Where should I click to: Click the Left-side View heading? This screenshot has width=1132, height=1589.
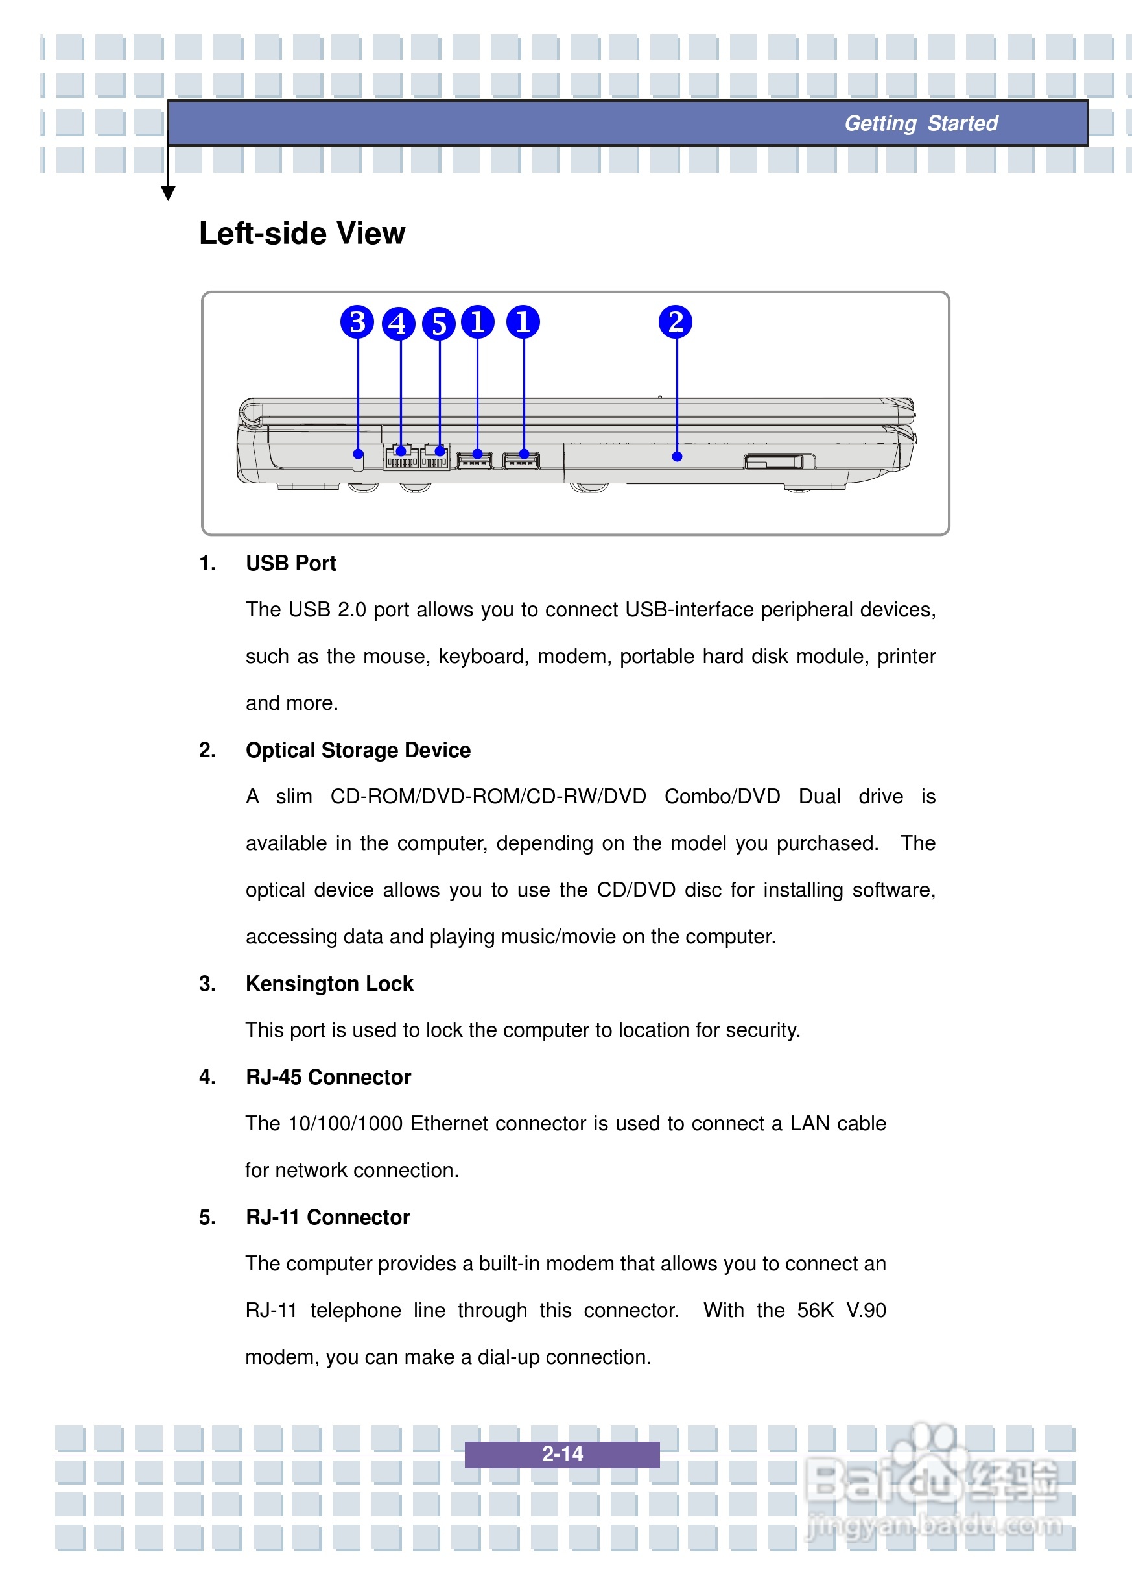(302, 234)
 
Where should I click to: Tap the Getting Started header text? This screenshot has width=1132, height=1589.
(921, 123)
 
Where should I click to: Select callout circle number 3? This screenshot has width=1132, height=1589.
(357, 322)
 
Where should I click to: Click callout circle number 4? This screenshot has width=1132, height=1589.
(398, 324)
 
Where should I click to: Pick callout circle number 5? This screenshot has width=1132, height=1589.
(438, 324)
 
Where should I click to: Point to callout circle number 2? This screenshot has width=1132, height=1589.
(675, 322)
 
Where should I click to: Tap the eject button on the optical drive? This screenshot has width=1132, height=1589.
(773, 461)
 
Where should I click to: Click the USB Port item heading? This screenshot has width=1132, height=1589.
(290, 563)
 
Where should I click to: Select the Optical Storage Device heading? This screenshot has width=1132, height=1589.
(358, 750)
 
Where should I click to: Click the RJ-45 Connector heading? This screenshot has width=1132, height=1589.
(328, 1077)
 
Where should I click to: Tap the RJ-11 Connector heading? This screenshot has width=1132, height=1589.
(327, 1217)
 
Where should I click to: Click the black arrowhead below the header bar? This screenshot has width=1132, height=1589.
(168, 193)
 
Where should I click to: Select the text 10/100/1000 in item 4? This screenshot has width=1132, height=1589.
(345, 1124)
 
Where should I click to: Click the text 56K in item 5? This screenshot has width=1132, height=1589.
(815, 1310)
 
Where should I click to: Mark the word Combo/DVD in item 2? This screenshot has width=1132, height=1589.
(722, 797)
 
